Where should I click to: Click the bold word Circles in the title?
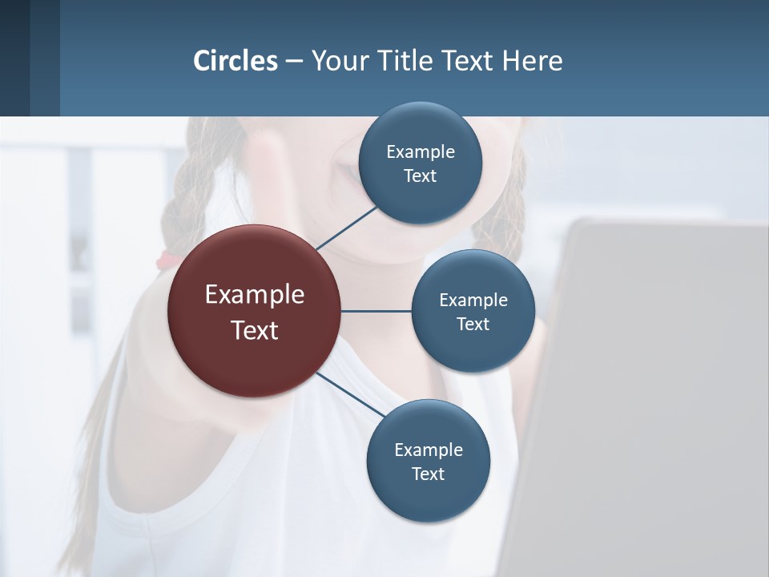click(236, 61)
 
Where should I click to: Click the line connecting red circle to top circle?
click(347, 228)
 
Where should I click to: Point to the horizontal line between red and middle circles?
click(376, 311)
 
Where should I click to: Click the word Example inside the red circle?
click(255, 295)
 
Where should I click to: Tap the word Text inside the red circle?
click(255, 330)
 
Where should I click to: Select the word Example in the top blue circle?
click(421, 151)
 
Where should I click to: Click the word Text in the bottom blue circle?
click(428, 474)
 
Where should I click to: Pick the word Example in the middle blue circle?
click(473, 301)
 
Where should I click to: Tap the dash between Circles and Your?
click(294, 61)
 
